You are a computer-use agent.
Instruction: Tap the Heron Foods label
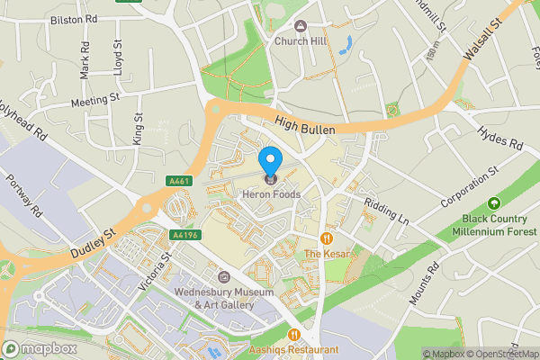coord(270,194)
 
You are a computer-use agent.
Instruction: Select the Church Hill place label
coord(301,40)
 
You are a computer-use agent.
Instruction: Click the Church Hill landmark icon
coord(301,25)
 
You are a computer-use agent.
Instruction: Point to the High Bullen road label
coord(305,130)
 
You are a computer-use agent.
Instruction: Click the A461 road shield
coord(179,182)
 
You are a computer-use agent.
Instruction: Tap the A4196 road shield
coord(184,235)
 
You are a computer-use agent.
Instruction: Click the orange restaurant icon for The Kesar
coord(325,238)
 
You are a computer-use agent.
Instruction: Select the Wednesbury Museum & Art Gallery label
coord(224,299)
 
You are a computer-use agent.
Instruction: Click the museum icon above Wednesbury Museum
coord(223,276)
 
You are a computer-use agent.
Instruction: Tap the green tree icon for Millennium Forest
coord(492,204)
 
